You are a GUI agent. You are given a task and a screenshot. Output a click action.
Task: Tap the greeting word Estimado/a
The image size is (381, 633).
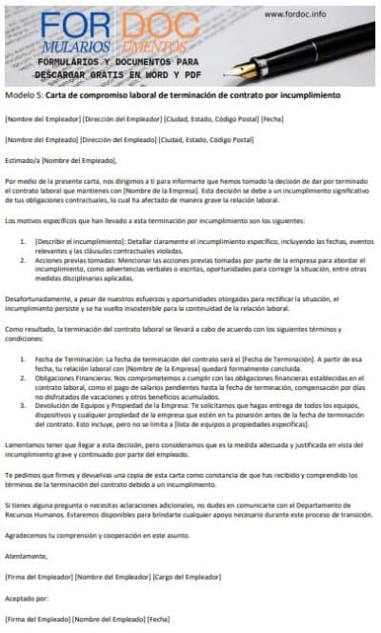[x=22, y=160]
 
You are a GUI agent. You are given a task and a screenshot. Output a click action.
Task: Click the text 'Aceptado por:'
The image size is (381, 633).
[x=23, y=598]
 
